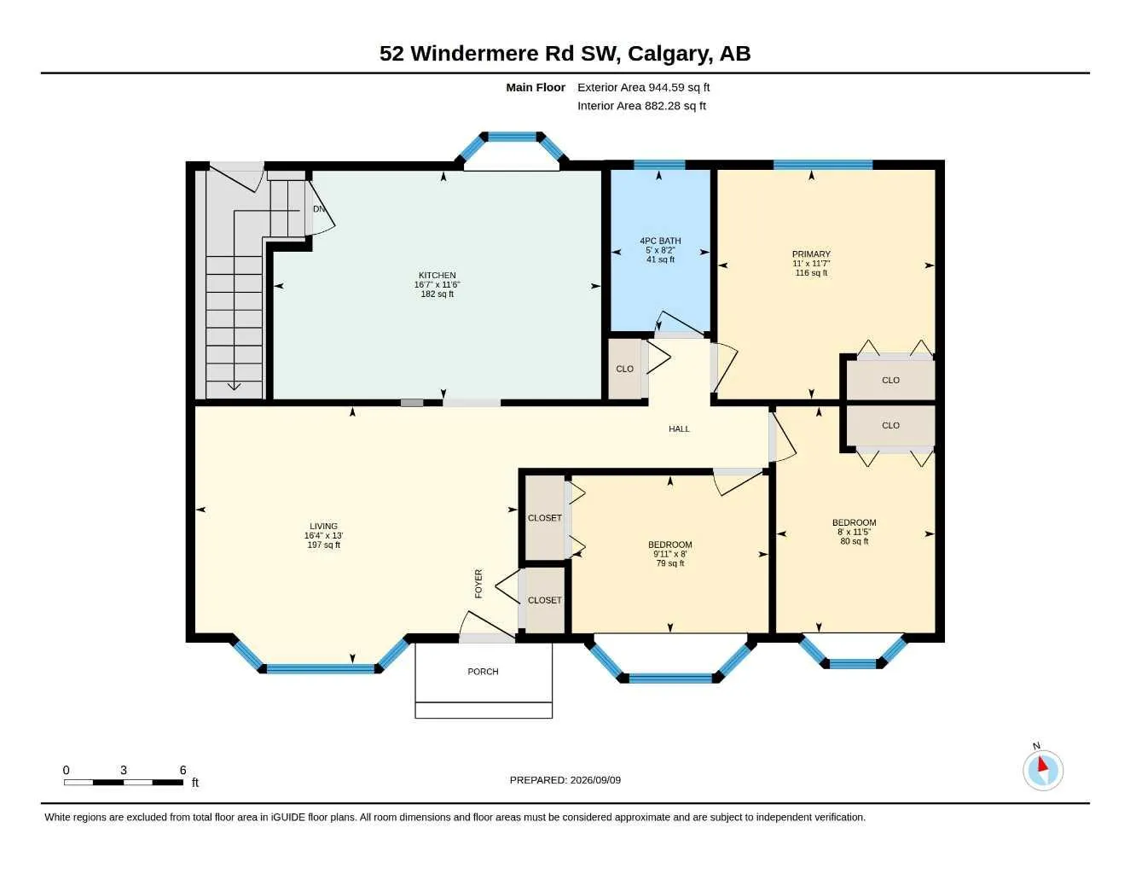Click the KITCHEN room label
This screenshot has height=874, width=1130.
[437, 275]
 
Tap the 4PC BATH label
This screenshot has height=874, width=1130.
[660, 241]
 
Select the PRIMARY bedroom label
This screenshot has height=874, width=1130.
[811, 253]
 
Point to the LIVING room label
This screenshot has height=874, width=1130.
[323, 526]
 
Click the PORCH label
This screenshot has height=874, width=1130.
[483, 672]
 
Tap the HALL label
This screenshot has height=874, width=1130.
[679, 428]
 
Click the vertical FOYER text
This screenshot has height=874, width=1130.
[478, 584]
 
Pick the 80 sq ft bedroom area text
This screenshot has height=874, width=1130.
[854, 541]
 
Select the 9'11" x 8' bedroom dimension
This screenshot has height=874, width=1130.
[669, 554]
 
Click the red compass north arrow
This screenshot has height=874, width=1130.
[1042, 764]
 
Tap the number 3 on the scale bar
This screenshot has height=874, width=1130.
[124, 770]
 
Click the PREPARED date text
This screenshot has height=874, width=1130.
[565, 780]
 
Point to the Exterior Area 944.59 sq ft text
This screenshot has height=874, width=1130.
[643, 87]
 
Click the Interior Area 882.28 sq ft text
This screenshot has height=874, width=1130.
[641, 106]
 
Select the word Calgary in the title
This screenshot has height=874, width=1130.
[669, 54]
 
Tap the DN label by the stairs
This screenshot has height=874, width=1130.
[318, 208]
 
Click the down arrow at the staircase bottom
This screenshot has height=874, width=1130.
[234, 386]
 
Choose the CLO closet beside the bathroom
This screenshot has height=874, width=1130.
[624, 369]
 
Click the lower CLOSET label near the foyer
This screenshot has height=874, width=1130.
[544, 600]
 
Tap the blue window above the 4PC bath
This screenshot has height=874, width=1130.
[659, 165]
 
